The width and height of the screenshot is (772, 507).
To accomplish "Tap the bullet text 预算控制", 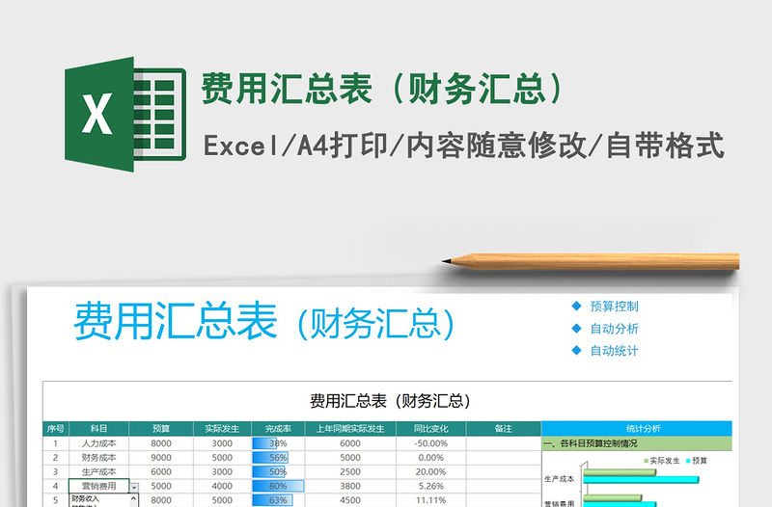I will pyautogui.click(x=614, y=307).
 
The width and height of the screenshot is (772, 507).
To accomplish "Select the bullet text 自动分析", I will pyautogui.click(x=614, y=329).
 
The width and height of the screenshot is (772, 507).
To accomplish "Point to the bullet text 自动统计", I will pyautogui.click(x=614, y=351).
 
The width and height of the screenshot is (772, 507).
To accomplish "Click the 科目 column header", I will pyautogui.click(x=98, y=428).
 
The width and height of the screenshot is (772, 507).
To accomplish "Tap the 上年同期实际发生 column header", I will pyautogui.click(x=350, y=428).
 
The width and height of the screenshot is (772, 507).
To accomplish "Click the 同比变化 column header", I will pyautogui.click(x=430, y=428).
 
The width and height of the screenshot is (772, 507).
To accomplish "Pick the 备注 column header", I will pyautogui.click(x=503, y=428).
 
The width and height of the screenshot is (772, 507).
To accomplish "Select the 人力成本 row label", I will pyautogui.click(x=98, y=443).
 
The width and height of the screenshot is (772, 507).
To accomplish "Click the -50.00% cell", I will pyautogui.click(x=430, y=443).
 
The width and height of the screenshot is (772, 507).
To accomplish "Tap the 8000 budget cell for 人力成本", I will pyautogui.click(x=161, y=443).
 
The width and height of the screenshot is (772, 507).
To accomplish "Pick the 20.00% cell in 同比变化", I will pyautogui.click(x=430, y=472).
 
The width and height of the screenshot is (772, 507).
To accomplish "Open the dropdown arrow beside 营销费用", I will pyautogui.click(x=133, y=488).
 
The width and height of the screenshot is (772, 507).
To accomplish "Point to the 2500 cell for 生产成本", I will pyautogui.click(x=350, y=472).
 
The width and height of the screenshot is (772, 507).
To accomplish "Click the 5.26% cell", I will pyautogui.click(x=430, y=487).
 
